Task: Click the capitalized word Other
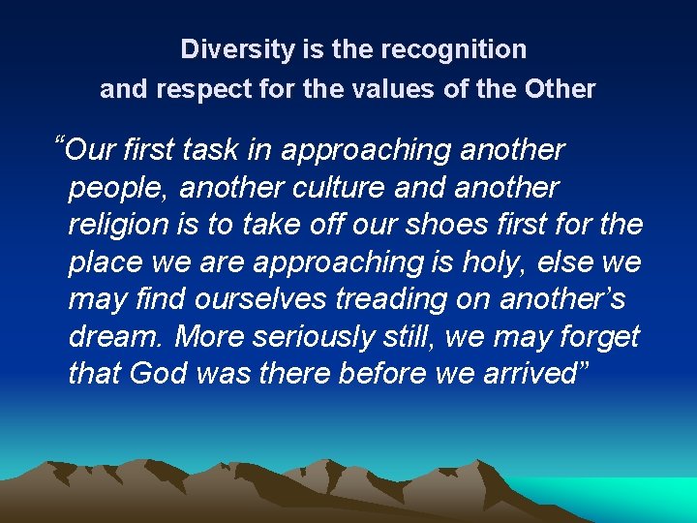(560, 89)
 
